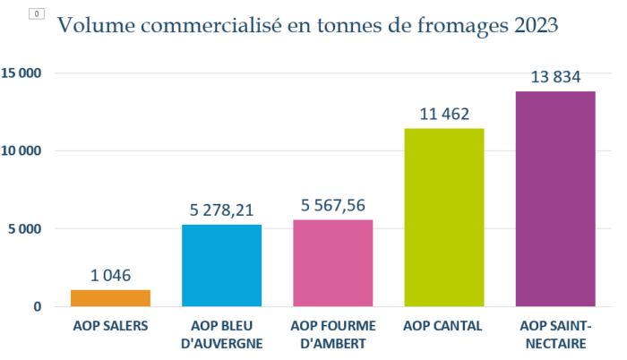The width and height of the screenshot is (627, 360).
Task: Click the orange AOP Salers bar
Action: click(x=110, y=297)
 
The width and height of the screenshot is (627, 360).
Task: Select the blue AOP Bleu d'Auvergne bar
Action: click(x=221, y=265)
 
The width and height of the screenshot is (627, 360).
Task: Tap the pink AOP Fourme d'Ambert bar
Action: click(x=333, y=262)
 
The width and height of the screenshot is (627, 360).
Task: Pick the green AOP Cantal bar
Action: click(x=444, y=217)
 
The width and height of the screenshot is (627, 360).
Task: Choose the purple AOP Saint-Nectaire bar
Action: click(x=555, y=199)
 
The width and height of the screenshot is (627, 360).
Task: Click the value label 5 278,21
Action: click(x=221, y=211)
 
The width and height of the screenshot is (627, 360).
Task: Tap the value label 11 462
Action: click(x=444, y=115)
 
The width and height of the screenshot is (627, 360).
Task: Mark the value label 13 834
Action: click(x=555, y=78)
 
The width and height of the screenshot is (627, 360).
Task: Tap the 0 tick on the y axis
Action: click(x=37, y=306)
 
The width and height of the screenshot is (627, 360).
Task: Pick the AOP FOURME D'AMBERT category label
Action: click(x=333, y=333)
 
